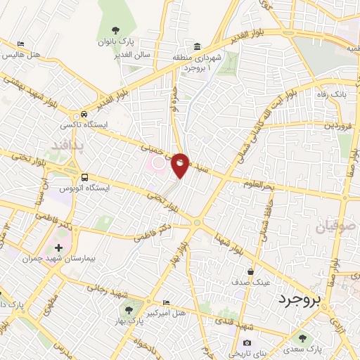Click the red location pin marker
(x=181, y=165)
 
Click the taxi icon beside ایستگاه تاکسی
(x=84, y=114)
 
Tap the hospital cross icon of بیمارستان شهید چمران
(x=58, y=248)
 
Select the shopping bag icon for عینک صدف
(x=250, y=271)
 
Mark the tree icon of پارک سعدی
(x=303, y=338)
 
